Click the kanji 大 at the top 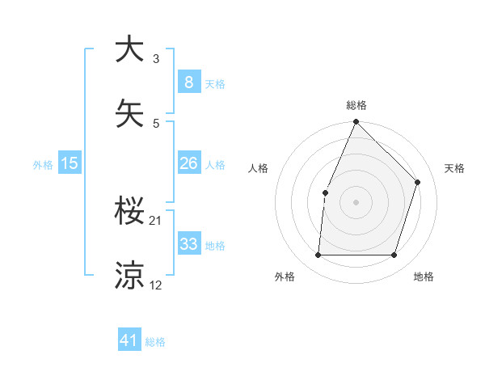tap(129, 49)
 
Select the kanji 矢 tap(129, 112)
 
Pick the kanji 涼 tap(129, 275)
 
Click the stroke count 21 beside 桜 tap(155, 221)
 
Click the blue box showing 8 tap(188, 82)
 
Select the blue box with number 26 tap(188, 164)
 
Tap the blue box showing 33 tap(188, 244)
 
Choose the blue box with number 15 tap(70, 164)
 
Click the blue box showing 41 tap(129, 341)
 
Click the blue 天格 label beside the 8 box tap(215, 84)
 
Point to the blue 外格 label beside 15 tap(43, 165)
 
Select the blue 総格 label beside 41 tap(155, 342)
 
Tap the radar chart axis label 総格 tap(356, 105)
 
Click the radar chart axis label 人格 tap(258, 168)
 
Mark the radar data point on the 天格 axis tap(418, 182)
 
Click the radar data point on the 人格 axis tap(325, 192)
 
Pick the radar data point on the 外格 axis tap(318, 255)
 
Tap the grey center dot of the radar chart tap(356, 202)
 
